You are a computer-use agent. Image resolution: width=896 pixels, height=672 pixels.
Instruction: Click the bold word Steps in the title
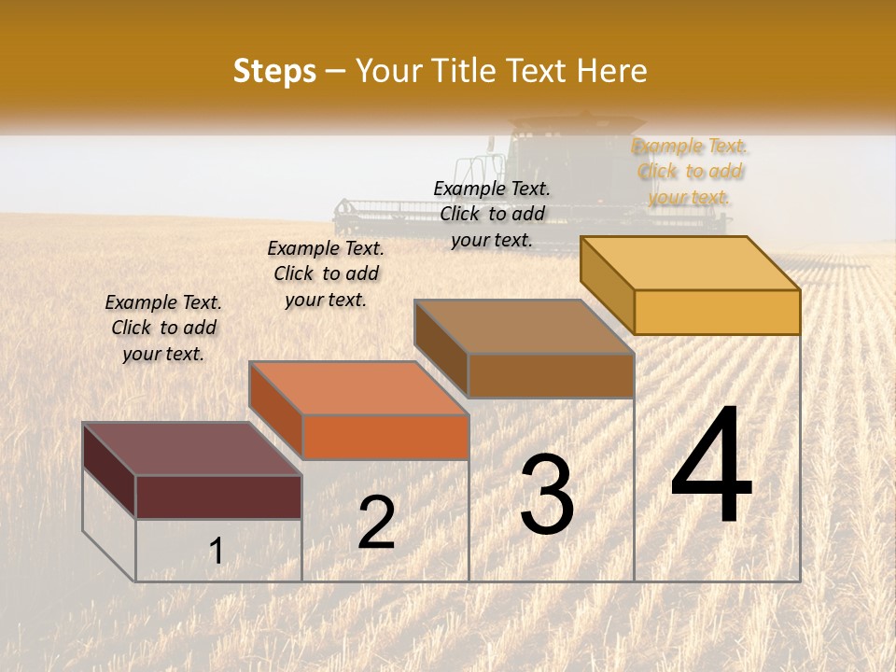[x=274, y=72]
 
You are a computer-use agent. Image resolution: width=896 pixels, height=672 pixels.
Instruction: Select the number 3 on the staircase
[x=547, y=495]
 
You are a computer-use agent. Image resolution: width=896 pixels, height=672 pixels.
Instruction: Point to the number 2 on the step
[x=376, y=523]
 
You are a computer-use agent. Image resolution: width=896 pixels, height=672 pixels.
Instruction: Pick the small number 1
[x=217, y=551]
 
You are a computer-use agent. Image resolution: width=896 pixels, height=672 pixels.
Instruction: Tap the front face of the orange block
[x=385, y=437]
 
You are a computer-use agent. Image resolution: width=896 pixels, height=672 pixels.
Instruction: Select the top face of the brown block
[x=524, y=327]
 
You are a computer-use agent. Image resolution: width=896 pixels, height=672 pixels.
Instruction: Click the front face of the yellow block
[x=717, y=312]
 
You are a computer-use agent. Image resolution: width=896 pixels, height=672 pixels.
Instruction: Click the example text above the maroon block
[x=163, y=328]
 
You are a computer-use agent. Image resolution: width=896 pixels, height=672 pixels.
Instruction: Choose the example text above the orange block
[x=326, y=273]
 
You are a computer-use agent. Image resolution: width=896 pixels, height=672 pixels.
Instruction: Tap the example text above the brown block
[x=492, y=214]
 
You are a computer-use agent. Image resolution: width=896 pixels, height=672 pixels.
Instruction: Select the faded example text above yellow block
[x=690, y=171]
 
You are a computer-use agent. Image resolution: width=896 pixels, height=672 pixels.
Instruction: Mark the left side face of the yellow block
[x=608, y=284]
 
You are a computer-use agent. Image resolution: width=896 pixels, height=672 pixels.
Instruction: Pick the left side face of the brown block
[x=441, y=349]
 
